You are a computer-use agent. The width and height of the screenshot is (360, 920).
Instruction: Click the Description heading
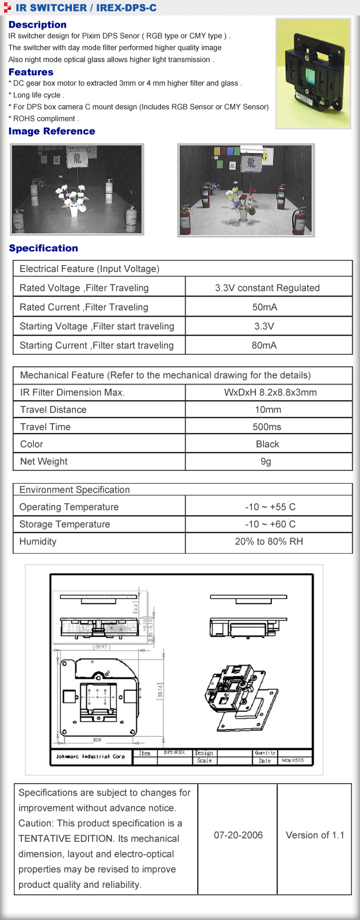point(37,25)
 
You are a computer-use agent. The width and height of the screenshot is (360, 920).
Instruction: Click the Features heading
point(31,72)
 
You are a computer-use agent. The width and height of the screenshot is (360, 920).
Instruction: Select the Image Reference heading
point(52,131)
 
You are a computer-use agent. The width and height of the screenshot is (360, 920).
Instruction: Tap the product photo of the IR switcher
point(313,74)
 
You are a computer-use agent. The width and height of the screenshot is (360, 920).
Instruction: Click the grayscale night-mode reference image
point(77,189)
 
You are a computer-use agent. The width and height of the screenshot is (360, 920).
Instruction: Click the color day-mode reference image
point(246,190)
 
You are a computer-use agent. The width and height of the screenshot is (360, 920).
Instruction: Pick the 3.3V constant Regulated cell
point(267,287)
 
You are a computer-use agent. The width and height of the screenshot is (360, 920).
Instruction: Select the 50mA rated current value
point(265,307)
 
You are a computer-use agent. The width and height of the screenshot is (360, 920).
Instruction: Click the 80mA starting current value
point(264,345)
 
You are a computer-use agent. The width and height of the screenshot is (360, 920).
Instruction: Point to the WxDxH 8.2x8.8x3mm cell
point(270,392)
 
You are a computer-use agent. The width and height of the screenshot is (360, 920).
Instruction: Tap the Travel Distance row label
point(53,409)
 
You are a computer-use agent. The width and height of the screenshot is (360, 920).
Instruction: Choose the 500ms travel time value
point(267,427)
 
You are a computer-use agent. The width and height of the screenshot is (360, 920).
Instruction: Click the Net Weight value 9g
point(266,461)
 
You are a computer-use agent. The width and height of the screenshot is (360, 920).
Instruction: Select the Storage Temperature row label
point(65,524)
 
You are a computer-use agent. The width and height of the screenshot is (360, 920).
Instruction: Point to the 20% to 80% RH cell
point(269,541)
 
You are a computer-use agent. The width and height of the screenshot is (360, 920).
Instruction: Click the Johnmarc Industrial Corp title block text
point(90,756)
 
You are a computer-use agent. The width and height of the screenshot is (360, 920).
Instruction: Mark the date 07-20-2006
point(238,835)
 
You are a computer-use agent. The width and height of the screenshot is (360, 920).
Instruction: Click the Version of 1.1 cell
point(315,835)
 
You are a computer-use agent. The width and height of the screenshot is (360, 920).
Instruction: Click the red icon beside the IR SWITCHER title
point(7,7)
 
